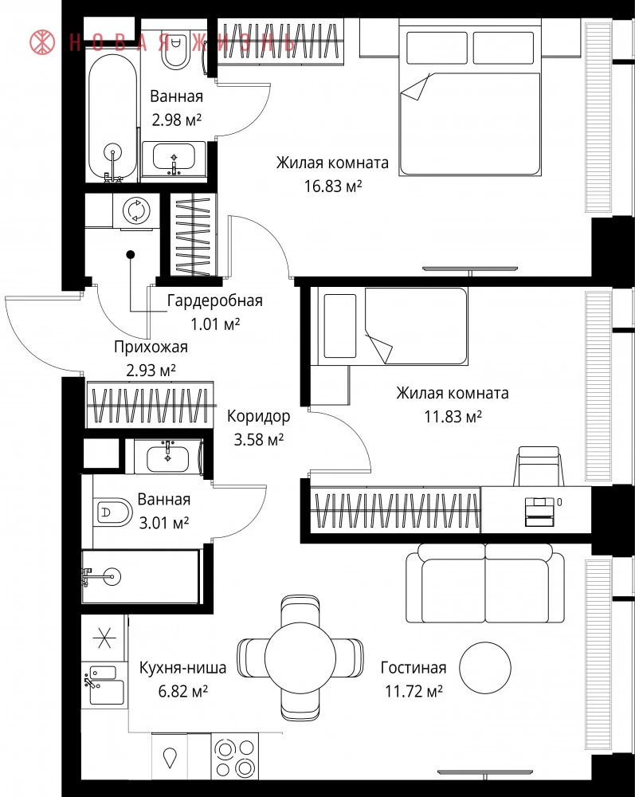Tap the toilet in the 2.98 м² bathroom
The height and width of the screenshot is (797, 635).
(175, 49)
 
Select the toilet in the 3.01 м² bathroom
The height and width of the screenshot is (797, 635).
(113, 512)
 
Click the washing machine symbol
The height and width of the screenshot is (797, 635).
(136, 210)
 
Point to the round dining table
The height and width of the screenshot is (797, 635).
(300, 658)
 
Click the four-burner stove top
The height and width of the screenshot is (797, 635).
(235, 756)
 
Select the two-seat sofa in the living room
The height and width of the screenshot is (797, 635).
(485, 583)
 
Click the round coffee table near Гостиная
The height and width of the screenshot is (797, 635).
(485, 667)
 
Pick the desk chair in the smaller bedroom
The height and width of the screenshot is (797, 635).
(539, 466)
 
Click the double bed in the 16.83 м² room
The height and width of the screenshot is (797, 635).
(469, 97)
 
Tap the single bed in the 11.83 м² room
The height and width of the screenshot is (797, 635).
(389, 326)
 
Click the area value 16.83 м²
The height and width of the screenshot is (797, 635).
(333, 186)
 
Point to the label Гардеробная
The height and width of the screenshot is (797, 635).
(215, 300)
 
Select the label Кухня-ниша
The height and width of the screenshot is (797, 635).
(183, 667)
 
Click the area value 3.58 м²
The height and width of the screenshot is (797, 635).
(259, 439)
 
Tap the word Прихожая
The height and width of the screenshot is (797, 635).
(151, 347)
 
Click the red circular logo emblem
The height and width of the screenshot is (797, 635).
(42, 42)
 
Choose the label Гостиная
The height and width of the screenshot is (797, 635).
(414, 667)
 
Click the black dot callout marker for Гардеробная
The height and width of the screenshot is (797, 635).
(131, 254)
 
